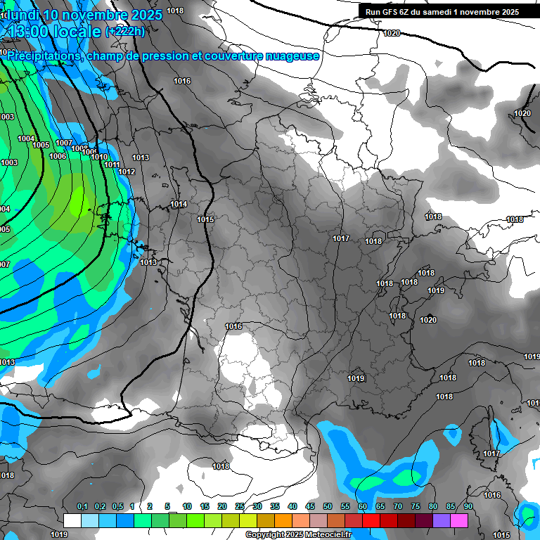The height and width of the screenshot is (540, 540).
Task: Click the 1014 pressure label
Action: click(179, 205)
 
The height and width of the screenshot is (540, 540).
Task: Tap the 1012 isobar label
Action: click(127, 172)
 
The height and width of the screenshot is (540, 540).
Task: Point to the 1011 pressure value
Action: click(112, 165)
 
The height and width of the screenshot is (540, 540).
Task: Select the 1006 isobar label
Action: click(58, 156)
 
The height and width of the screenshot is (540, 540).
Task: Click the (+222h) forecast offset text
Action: click(125, 31)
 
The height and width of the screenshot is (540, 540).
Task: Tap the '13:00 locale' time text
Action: click(54, 31)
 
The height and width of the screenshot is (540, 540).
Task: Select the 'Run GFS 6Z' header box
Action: click(442, 11)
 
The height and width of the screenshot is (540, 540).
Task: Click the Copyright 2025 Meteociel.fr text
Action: click(298, 535)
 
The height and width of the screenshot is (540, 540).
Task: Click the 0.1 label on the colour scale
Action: click(82, 507)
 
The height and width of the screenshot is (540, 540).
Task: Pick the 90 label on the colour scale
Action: click(468, 507)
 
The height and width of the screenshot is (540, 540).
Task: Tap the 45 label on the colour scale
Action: click(310, 507)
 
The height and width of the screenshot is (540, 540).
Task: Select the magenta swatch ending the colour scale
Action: click(459, 520)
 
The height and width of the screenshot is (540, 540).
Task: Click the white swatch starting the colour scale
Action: click(72, 520)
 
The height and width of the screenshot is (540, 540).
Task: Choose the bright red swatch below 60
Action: click(371, 520)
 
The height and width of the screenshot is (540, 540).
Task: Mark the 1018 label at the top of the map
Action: click(175, 11)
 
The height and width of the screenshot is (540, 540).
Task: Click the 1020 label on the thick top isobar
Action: click(392, 33)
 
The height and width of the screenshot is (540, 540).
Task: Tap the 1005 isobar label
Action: click(41, 145)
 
